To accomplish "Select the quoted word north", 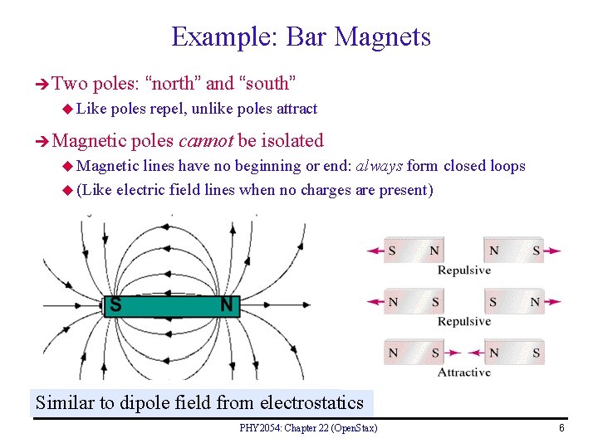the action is [174, 83].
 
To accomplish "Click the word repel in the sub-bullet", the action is [169, 109].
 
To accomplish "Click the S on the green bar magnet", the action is [115, 305].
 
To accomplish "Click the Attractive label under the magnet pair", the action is [464, 373].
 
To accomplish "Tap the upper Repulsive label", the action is [464, 270].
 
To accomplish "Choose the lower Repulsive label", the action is [464, 321].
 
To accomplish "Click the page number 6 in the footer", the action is [561, 428].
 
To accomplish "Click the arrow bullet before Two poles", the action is [43, 84].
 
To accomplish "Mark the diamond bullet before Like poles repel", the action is [68, 110].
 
